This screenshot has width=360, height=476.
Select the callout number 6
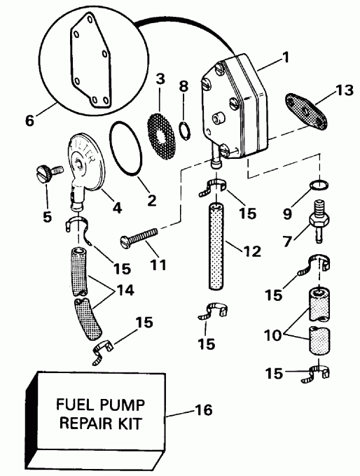click(29, 120)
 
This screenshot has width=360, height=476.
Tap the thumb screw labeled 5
click(44, 172)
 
